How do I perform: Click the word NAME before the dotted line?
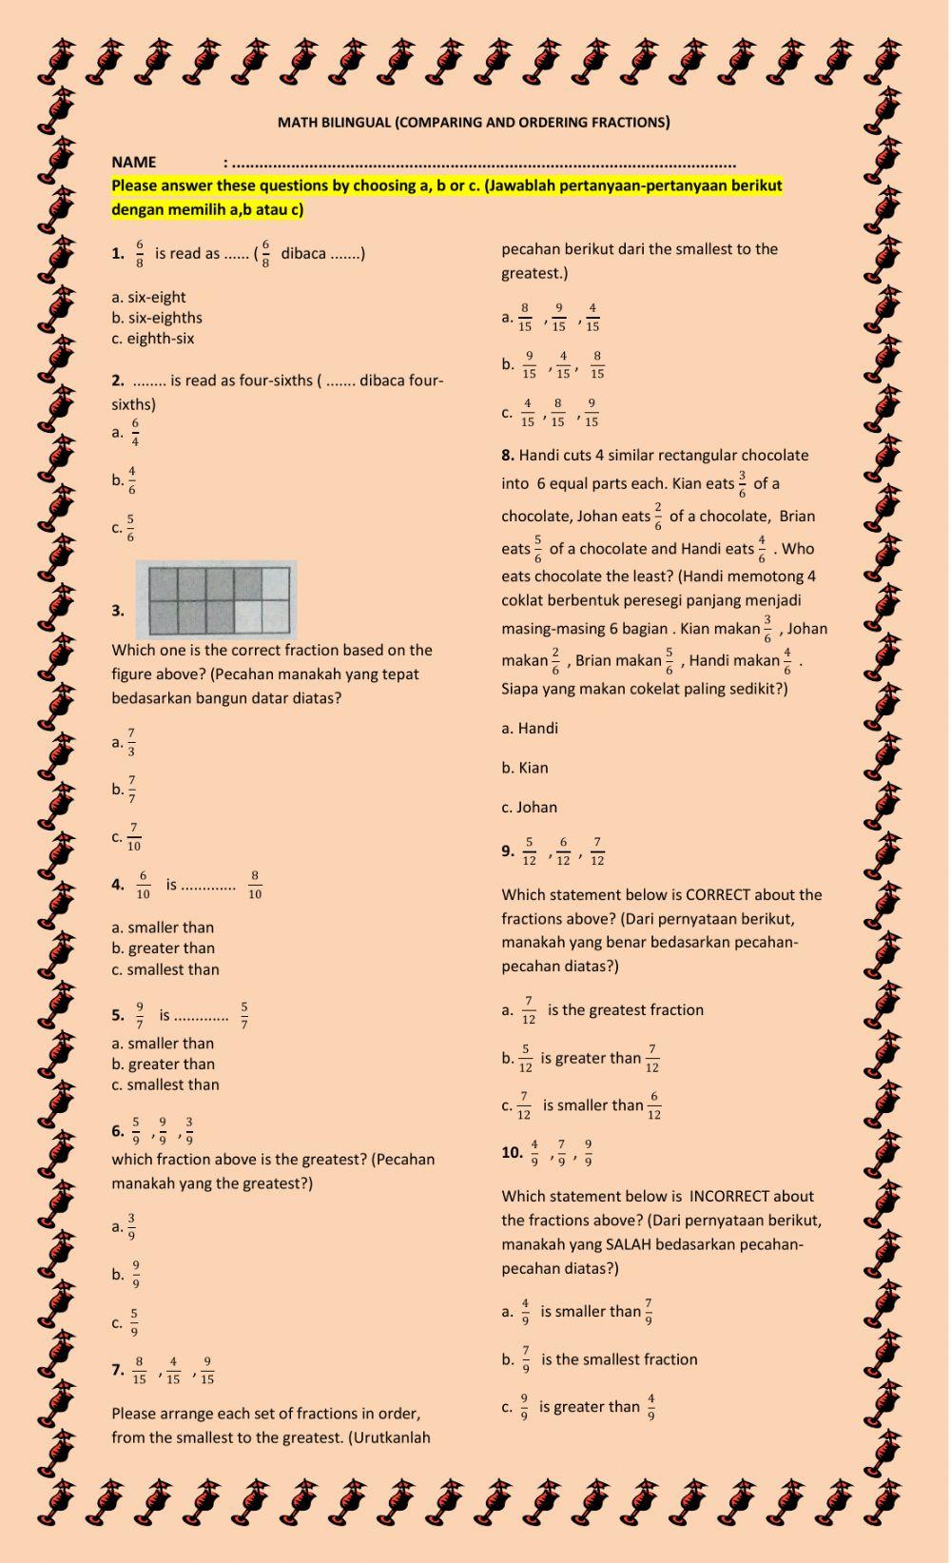(134, 162)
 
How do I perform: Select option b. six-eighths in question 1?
(157, 318)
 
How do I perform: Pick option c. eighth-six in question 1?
(153, 338)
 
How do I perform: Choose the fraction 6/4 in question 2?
(135, 432)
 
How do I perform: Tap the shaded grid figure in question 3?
(216, 599)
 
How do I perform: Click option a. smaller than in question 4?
(163, 928)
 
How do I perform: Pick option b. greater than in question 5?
(163, 1065)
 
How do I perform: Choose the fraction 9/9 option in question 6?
(136, 1275)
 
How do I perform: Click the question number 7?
(117, 1370)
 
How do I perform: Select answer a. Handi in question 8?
(530, 729)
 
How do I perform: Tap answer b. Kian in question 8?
(525, 768)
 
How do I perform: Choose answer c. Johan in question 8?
(530, 808)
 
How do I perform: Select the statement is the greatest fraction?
(626, 1010)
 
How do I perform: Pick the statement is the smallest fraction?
(619, 1360)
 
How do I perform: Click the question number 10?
(512, 1153)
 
